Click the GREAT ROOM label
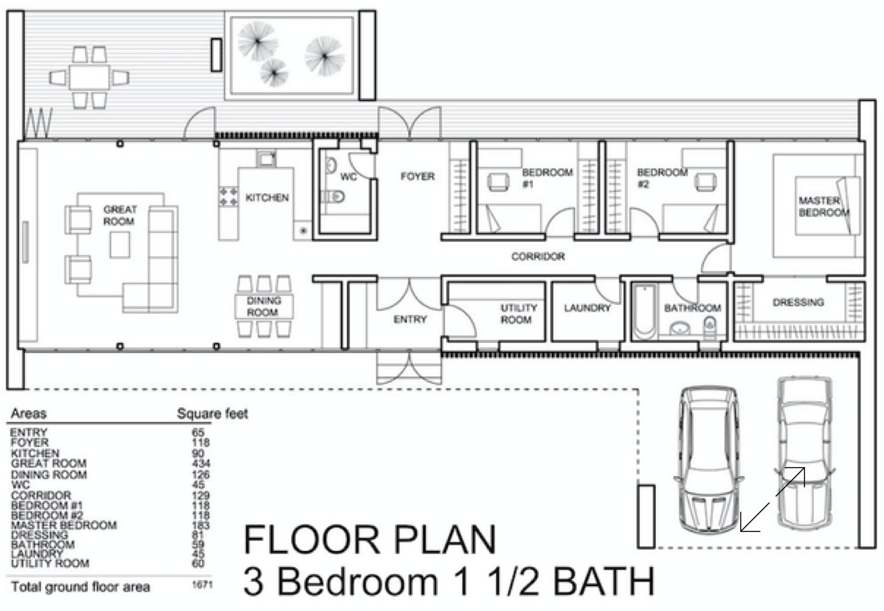pyautogui.click(x=120, y=215)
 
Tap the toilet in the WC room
pyautogui.click(x=334, y=196)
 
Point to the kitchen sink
pyautogui.click(x=266, y=158)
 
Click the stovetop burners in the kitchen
pyautogui.click(x=228, y=196)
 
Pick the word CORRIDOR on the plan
pyautogui.click(x=538, y=257)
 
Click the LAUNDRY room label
pyautogui.click(x=587, y=308)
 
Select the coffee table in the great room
pyautogui.click(x=120, y=245)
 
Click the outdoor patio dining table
pyautogui.click(x=89, y=77)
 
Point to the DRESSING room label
pyautogui.click(x=798, y=302)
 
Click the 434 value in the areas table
pyautogui.click(x=201, y=463)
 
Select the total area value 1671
pyautogui.click(x=202, y=584)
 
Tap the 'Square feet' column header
pyautogui.click(x=213, y=413)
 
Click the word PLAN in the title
pyautogui.click(x=444, y=539)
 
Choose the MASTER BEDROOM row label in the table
pyautogui.click(x=64, y=525)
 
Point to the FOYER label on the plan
pyautogui.click(x=417, y=176)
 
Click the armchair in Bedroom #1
pyautogui.click(x=498, y=182)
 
